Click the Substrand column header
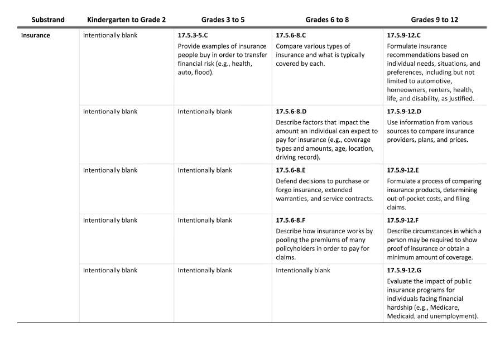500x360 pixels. (x=48, y=20)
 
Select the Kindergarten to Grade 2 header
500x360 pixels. (x=126, y=20)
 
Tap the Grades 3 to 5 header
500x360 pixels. (x=223, y=20)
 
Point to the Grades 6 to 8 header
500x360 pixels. (x=328, y=20)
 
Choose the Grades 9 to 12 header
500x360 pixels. (x=435, y=20)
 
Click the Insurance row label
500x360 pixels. (x=36, y=35)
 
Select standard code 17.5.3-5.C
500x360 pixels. (x=193, y=35)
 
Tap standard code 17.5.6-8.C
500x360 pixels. (x=291, y=35)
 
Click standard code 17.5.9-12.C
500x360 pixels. (x=404, y=35)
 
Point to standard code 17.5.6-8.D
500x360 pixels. (x=291, y=112)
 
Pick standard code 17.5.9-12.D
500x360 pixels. (x=404, y=112)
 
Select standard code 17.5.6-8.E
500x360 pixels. (x=291, y=170)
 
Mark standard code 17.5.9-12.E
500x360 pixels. (x=403, y=170)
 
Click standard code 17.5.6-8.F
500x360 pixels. (x=291, y=220)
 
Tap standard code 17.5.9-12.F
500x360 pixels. (x=403, y=220)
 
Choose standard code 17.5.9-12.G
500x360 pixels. (x=404, y=271)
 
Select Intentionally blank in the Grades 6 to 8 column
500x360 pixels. (x=303, y=271)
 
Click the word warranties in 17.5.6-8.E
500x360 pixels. (x=294, y=199)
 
